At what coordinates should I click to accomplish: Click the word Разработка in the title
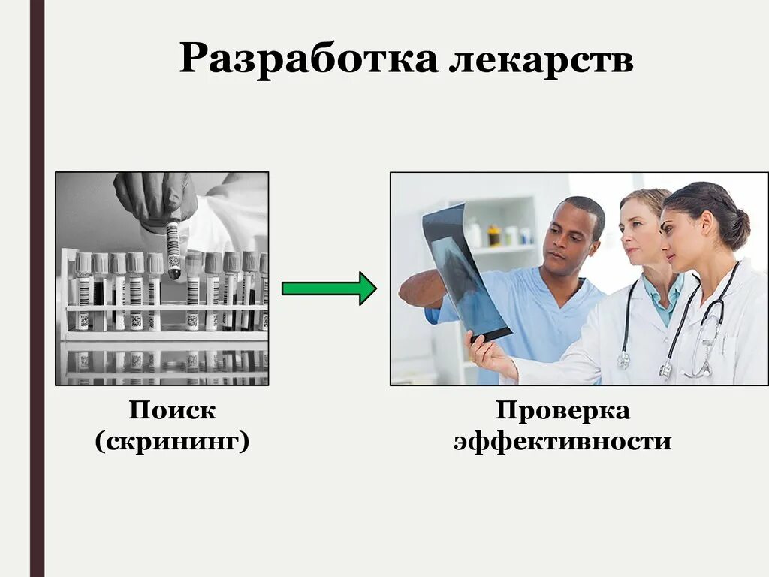[308, 59]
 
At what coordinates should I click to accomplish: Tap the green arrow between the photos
[328, 288]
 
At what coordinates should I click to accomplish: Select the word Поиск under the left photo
[172, 410]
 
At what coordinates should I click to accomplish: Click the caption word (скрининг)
[172, 441]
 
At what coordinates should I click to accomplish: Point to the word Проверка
[562, 410]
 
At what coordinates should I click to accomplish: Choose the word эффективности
[562, 441]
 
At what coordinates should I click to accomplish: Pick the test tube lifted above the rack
[173, 248]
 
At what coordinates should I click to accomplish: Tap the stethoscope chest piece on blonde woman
[623, 361]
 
